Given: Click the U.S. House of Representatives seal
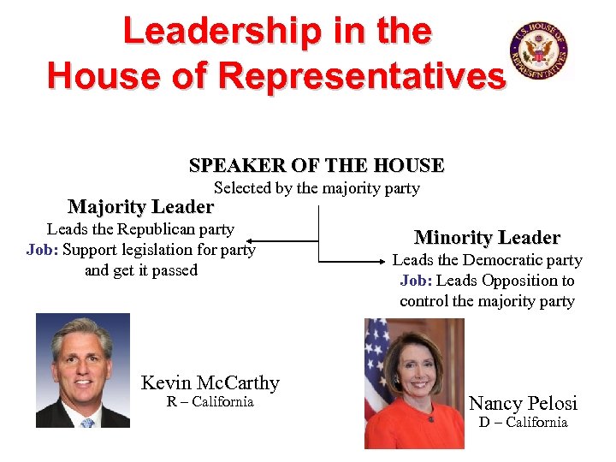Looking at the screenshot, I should point(539,50).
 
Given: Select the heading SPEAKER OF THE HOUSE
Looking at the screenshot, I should point(317,165).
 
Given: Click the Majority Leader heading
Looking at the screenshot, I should point(140,207).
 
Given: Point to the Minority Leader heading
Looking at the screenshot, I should point(487,238).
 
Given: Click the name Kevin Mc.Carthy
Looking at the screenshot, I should point(210,382).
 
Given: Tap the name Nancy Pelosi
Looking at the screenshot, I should point(523,403).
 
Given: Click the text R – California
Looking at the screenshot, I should point(210,402).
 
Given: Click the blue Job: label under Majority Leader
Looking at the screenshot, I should point(42,250).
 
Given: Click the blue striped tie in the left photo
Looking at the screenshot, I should point(87,422).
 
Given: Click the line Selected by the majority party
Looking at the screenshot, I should point(317,188).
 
